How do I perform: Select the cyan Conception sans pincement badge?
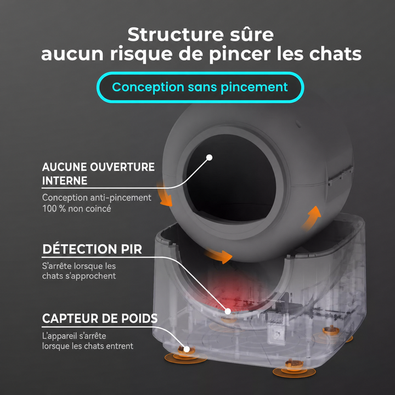tap(200, 87)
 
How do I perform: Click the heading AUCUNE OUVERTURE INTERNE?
tap(98, 174)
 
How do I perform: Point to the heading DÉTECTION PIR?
tap(92, 249)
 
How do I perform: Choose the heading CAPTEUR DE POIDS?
tap(100, 318)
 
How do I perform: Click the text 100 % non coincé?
tap(77, 208)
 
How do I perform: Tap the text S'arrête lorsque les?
tap(79, 266)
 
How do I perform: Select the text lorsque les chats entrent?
tap(88, 346)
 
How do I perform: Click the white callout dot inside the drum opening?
tap(210, 157)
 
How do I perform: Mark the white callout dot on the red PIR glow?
tap(228, 312)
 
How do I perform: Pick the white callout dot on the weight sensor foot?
tap(187, 349)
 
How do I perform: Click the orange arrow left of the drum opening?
tap(164, 195)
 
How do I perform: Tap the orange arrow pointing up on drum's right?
tap(312, 217)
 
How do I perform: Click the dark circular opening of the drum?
tap(230, 178)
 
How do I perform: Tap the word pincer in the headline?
tap(240, 54)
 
